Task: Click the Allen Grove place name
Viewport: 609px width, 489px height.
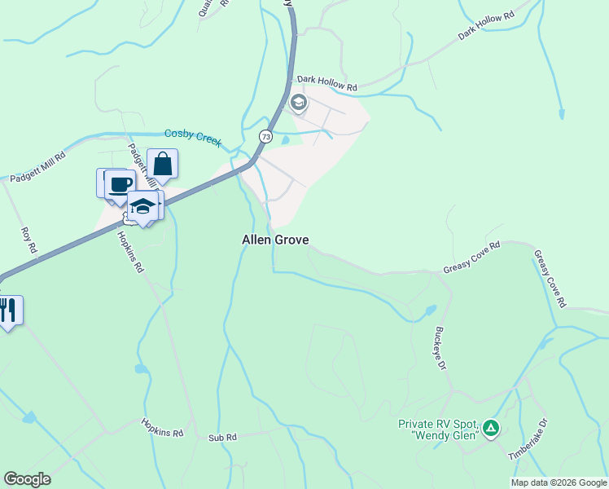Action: tap(275, 240)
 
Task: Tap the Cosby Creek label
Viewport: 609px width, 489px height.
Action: tap(193, 136)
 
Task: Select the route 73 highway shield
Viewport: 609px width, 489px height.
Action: tap(265, 136)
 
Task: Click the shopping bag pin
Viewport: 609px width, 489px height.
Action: tap(163, 164)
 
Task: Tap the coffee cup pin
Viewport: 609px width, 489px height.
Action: tap(120, 183)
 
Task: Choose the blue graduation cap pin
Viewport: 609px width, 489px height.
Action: tap(142, 206)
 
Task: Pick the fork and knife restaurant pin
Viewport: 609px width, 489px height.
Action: tap(7, 310)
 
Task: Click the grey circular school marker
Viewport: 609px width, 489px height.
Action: tap(299, 103)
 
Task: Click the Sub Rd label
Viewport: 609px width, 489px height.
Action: tap(221, 438)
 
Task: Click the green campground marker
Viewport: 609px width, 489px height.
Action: tap(490, 427)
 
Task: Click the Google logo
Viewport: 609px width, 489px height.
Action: tap(27, 479)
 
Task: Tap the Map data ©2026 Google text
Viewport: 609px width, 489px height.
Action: tap(559, 482)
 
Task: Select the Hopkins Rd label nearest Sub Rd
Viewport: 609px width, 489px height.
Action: tap(162, 428)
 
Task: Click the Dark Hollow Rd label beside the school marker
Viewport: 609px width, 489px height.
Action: tap(327, 82)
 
